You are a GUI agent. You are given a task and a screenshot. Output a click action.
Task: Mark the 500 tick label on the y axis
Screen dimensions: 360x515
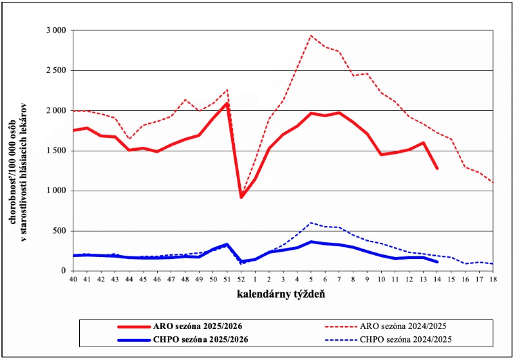[59, 231]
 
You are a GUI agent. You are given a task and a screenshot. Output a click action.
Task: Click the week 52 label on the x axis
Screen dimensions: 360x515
[241, 280]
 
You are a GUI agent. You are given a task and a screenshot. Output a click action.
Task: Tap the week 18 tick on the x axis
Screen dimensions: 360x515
[492, 280]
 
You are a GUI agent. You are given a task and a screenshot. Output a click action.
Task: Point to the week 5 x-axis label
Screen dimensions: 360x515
[311, 280]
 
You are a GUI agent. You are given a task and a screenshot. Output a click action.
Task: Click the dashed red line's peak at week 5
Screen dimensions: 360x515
[311, 35]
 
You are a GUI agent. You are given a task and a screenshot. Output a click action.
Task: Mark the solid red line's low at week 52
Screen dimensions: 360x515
[241, 197]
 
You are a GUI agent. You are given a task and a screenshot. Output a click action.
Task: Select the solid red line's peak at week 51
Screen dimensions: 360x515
[227, 104]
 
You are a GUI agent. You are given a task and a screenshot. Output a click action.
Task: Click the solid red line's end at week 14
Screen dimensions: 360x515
[437, 169]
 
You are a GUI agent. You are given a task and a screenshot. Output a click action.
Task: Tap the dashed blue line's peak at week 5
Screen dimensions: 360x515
[311, 223]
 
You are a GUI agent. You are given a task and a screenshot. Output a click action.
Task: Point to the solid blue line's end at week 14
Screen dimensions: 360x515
[437, 262]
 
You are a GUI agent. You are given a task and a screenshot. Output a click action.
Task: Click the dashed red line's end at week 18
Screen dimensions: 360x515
[492, 182]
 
